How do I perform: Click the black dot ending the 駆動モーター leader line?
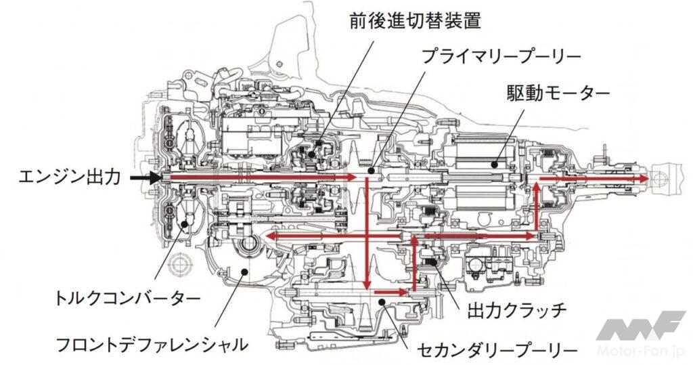pyautogui.click(x=495, y=163)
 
